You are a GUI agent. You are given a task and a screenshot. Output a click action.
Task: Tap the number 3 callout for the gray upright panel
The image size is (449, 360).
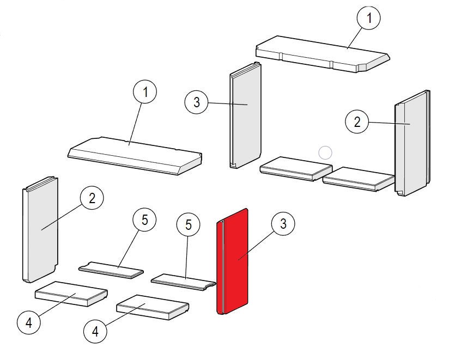[x=197, y=101]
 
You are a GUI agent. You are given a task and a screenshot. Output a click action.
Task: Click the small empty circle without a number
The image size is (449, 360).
[x=325, y=152]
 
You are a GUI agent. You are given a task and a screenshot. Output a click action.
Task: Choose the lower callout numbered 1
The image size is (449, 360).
[x=145, y=92]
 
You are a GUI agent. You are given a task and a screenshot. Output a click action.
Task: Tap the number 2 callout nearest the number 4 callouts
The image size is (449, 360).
[x=92, y=198]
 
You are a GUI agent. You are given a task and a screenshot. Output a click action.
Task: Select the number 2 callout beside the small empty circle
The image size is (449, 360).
[x=357, y=122]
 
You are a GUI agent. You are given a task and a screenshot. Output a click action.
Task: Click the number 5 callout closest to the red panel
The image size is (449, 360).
[x=189, y=225]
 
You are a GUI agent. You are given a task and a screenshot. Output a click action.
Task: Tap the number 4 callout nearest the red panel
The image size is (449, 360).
[x=95, y=330]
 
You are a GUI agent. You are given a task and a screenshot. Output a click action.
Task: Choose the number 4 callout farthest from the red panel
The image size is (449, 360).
[x=28, y=323]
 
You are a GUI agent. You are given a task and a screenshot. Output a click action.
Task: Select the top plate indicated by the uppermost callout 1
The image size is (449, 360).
[x=321, y=54]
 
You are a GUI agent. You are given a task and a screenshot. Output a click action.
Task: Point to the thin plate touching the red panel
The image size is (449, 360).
[x=183, y=281]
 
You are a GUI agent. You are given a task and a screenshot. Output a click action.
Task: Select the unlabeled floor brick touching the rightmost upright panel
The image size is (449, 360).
[x=357, y=178]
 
